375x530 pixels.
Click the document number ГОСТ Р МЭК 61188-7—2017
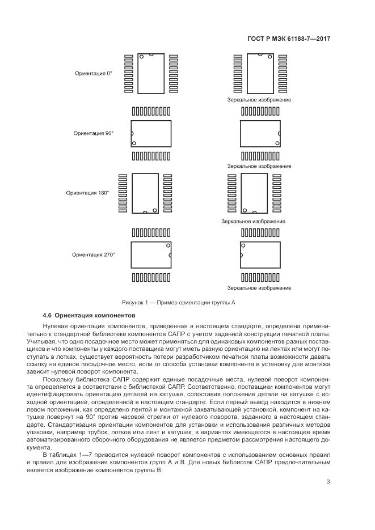click(289, 39)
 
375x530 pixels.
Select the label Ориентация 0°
click(94, 74)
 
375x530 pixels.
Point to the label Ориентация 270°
click(93, 255)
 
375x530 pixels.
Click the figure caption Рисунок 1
click(178, 303)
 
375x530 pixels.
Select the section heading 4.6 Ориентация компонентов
click(90, 315)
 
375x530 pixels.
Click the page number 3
click(328, 482)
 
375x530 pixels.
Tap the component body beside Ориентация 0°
click(150, 74)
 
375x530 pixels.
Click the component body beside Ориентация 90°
click(150, 134)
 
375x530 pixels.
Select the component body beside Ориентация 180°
click(146, 193)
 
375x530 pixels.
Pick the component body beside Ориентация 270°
click(150, 255)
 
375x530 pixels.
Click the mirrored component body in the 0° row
click(260, 74)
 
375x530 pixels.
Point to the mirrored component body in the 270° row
click(260, 255)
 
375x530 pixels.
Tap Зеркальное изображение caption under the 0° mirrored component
click(259, 100)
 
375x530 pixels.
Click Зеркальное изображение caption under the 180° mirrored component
click(254, 221)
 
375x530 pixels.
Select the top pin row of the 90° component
click(150, 111)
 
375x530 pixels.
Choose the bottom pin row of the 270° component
click(150, 278)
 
